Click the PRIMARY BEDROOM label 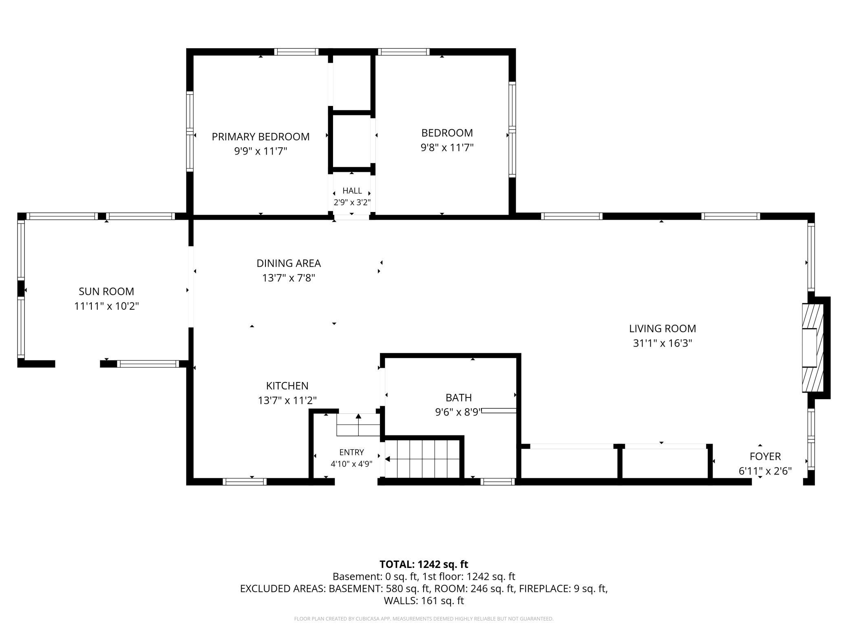tap(261, 137)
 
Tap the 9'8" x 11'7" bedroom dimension tap(447, 147)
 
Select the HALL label tap(352, 190)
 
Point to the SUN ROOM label tap(106, 291)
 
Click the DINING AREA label tap(289, 263)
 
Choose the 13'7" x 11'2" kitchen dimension tap(287, 400)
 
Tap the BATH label tap(459, 397)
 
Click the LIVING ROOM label tap(662, 329)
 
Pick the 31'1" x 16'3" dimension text tap(662, 343)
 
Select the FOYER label tap(765, 456)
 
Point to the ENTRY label tap(351, 452)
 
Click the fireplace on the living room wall tap(813, 348)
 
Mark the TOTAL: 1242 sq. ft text tap(424, 564)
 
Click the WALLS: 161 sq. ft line tap(424, 601)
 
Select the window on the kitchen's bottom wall tap(245, 481)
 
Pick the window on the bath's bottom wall tap(497, 481)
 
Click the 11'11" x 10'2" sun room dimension tap(106, 306)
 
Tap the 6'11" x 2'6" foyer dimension tap(765, 471)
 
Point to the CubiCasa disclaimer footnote tap(424, 619)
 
